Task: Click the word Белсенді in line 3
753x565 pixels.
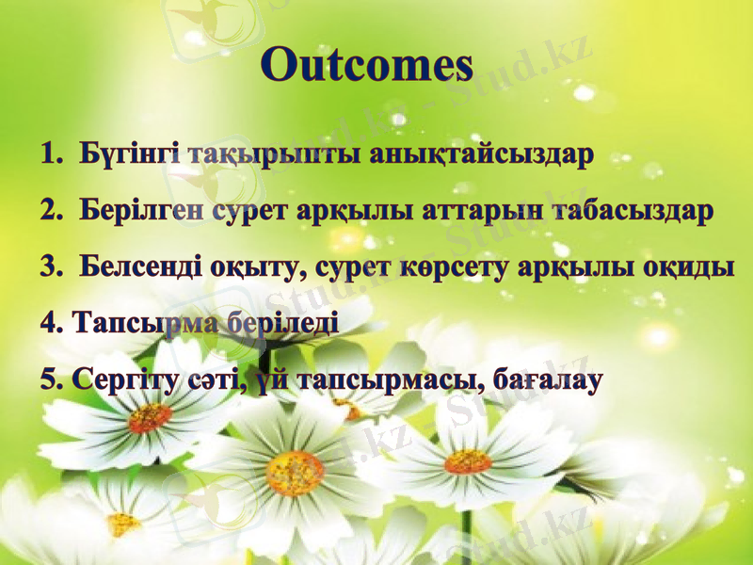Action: tap(139, 266)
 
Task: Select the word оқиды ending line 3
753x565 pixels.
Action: tap(688, 266)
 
